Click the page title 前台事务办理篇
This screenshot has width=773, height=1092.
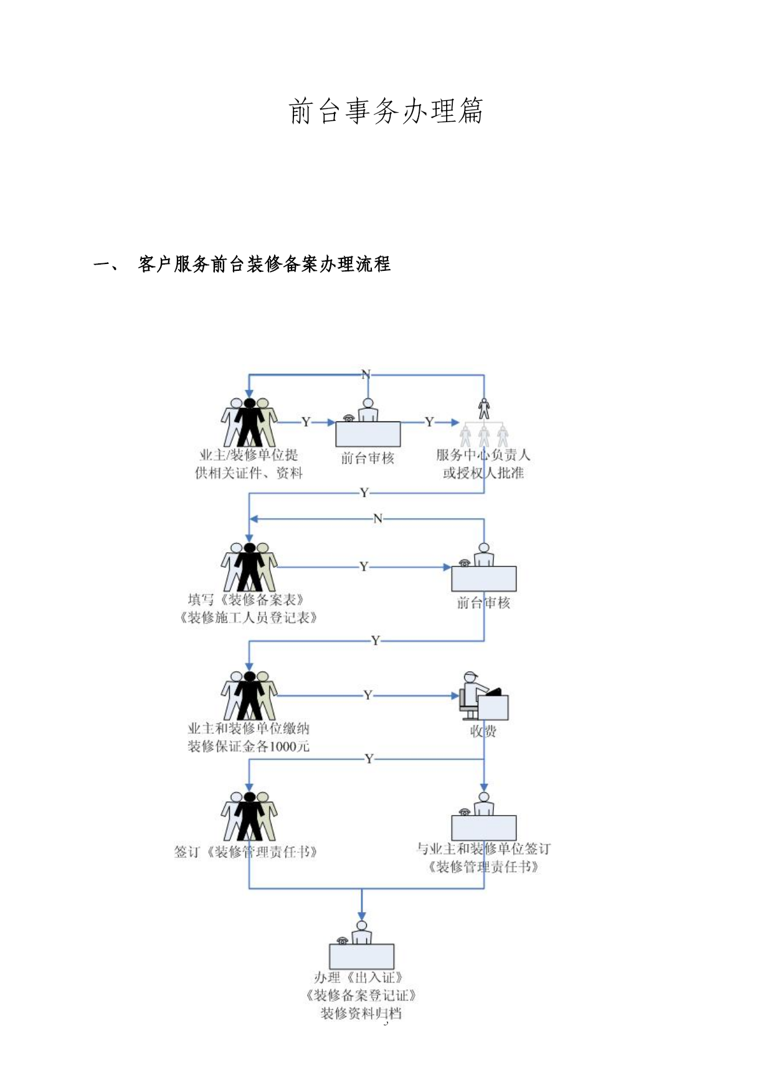point(386,111)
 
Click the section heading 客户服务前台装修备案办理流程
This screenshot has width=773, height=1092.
point(264,264)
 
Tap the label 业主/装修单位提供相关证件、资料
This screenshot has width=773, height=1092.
point(249,464)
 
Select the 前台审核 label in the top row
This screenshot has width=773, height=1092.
point(368,458)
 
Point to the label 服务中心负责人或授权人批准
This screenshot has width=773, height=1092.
point(483,464)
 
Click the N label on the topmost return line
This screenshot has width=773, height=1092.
point(366,374)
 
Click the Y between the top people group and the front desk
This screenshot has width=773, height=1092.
point(306,422)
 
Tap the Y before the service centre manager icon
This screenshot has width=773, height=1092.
point(429,422)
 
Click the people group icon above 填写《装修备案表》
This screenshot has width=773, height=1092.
point(249,567)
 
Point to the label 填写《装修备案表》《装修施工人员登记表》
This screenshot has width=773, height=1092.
point(249,609)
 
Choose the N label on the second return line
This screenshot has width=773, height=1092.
point(377,519)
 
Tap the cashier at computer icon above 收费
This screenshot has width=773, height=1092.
point(484,696)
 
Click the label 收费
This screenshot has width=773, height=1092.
point(483,732)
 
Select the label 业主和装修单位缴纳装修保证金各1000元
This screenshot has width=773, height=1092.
point(249,737)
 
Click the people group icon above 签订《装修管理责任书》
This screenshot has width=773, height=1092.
point(249,816)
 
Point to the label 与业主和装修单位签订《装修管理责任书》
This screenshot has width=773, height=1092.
point(483,858)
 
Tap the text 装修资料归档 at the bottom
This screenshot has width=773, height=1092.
point(361,1014)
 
